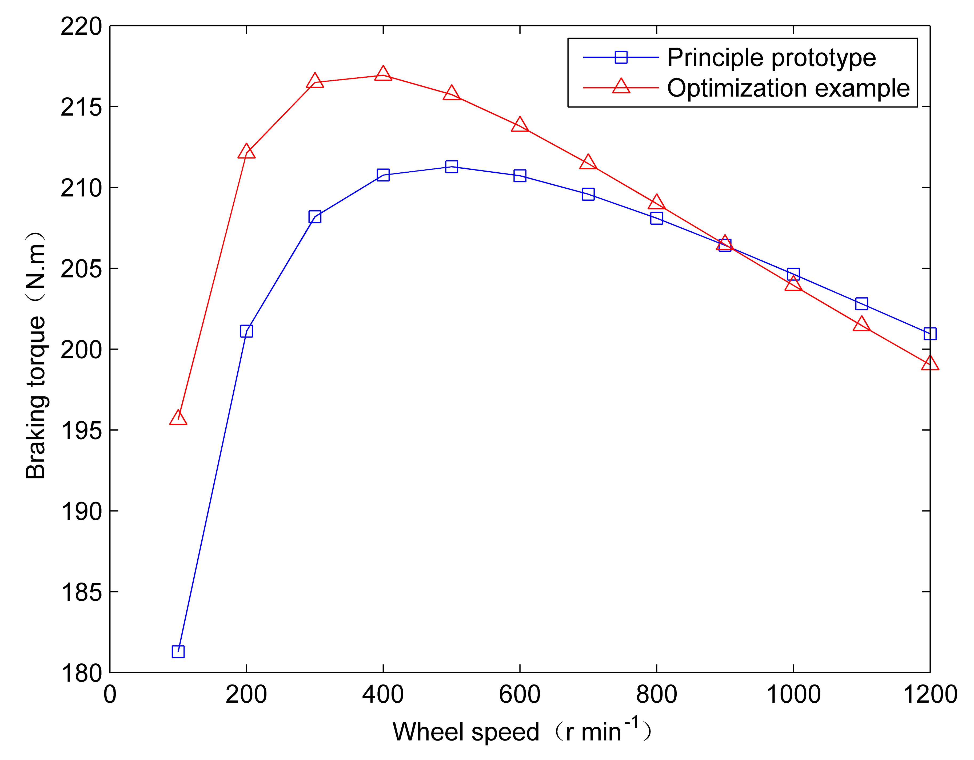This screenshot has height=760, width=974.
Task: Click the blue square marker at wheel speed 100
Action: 178,652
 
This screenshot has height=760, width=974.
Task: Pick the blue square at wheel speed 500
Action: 451,167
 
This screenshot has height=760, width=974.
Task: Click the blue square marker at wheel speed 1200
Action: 930,333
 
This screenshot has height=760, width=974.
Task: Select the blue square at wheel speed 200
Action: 246,331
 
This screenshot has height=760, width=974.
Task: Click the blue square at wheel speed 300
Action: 315,217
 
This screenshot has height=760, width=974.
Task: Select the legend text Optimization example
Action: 788,88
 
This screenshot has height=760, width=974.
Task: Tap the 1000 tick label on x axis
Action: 793,694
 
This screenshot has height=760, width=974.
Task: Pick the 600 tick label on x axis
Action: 520,694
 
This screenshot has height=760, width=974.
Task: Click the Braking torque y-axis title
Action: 36,355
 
